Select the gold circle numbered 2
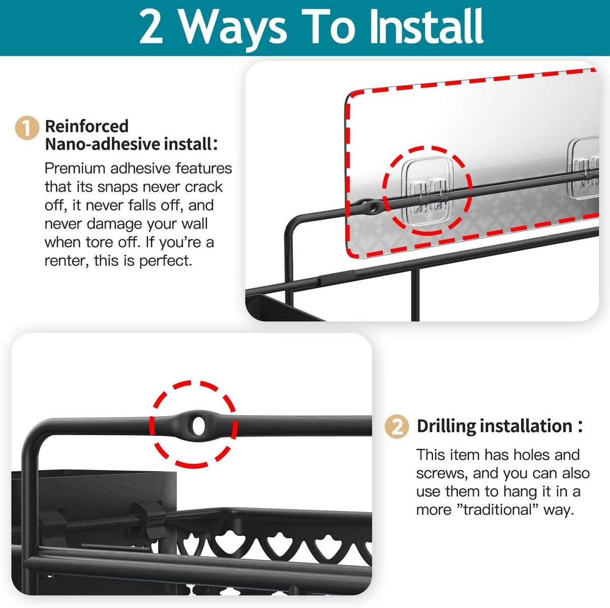click(396, 426)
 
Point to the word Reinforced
click(87, 126)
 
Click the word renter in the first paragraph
click(65, 261)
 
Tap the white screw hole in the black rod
click(198, 426)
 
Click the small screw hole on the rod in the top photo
click(374, 207)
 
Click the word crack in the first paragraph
click(204, 187)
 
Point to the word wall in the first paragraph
click(194, 224)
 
